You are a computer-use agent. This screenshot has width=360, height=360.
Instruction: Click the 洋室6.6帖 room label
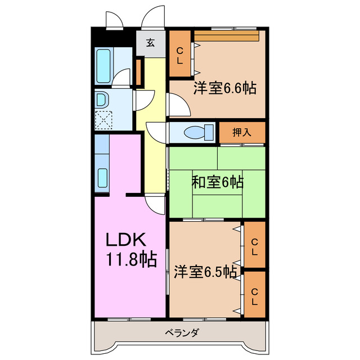226,88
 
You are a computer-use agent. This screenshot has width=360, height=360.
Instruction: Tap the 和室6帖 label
218,182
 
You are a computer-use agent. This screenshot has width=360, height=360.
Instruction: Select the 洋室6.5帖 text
205,271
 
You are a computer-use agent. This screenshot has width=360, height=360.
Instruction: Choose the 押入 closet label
241,133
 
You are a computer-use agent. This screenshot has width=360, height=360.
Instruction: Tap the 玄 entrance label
151,42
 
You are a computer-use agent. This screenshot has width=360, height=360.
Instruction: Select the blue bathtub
105,65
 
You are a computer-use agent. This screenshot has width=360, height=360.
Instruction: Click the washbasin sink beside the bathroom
101,100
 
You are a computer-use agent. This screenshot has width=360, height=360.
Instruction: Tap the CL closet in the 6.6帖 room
180,56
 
